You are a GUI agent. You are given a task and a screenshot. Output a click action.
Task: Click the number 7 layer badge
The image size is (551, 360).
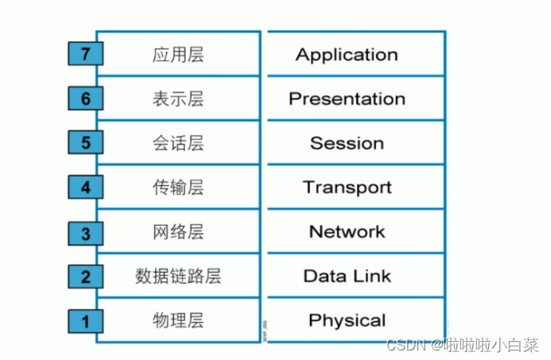click(x=85, y=54)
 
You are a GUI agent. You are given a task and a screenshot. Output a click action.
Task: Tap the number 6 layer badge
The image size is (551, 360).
click(x=85, y=99)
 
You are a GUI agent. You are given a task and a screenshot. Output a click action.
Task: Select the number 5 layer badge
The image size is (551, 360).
click(x=85, y=143)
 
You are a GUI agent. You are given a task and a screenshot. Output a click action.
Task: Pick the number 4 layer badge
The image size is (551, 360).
click(x=85, y=188)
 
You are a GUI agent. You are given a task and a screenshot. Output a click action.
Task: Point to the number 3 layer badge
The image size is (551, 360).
click(x=85, y=233)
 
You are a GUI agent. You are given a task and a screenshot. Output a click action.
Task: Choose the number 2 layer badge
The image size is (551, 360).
click(x=85, y=277)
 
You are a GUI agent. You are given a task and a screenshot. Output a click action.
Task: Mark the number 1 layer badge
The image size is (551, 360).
click(x=85, y=322)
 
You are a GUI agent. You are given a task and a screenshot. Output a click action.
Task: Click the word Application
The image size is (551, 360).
click(x=347, y=55)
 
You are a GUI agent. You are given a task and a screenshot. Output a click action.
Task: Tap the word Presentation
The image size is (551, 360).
click(x=347, y=99)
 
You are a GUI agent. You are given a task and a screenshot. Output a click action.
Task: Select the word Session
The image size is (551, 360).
click(x=347, y=144)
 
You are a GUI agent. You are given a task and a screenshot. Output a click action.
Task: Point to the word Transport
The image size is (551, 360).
click(x=347, y=188)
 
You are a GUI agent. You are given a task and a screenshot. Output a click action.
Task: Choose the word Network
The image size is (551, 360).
click(x=347, y=232)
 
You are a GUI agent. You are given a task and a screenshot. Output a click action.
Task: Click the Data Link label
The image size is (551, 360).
click(x=347, y=277)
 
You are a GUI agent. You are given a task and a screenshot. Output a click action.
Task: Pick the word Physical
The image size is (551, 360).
click(x=347, y=321)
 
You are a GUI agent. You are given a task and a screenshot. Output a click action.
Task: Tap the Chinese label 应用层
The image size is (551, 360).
click(x=178, y=55)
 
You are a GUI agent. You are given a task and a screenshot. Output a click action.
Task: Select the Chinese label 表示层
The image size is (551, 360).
click(x=178, y=99)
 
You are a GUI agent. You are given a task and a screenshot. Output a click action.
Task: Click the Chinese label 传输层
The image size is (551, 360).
click(x=178, y=188)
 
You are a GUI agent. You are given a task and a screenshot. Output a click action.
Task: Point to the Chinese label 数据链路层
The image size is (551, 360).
click(x=178, y=277)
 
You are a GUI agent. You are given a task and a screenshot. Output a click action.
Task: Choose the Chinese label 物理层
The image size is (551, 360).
click(x=178, y=321)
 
